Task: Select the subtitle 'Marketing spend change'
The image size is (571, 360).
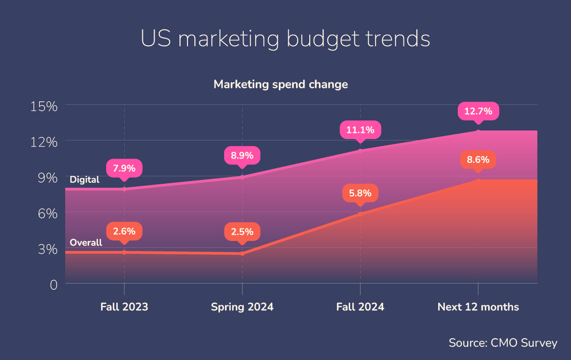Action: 281,85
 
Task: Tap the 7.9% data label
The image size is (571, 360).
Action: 124,168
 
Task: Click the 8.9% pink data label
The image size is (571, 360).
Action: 242,156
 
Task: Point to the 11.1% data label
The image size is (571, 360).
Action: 360,130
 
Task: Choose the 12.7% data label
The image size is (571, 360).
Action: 478,111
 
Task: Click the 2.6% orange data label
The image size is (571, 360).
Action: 124,231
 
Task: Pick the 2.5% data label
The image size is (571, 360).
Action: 242,233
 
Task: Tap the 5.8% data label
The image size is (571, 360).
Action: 360,194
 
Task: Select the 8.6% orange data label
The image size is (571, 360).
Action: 478,160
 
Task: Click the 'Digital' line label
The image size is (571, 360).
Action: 84,180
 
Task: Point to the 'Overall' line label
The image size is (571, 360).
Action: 86,242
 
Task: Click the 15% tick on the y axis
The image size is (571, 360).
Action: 44,106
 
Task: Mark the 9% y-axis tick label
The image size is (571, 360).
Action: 47,177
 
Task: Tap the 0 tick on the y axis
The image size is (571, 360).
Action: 53,284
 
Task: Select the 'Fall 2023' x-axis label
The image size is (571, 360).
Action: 124,307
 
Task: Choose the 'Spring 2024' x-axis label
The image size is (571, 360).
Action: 242,307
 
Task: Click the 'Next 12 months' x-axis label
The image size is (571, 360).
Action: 478,307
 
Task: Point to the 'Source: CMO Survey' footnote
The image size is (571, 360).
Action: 502,343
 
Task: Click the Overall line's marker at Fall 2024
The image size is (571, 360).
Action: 360,214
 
